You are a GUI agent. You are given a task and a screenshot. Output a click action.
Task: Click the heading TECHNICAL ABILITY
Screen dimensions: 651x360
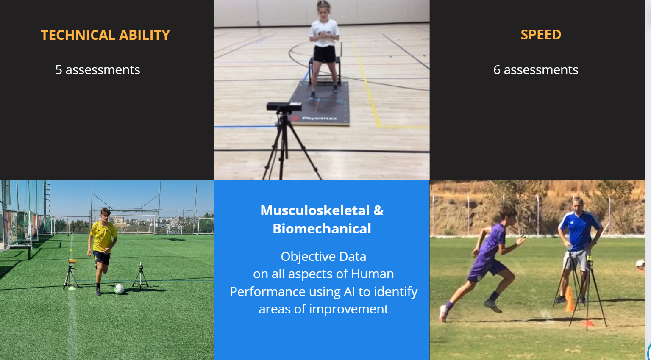click(x=105, y=35)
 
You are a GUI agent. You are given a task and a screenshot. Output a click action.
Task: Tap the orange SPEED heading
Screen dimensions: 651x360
click(x=540, y=35)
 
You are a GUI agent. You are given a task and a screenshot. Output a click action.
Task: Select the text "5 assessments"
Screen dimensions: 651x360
click(x=97, y=70)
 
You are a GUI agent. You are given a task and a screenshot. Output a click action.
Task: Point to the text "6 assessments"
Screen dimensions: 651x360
click(x=536, y=70)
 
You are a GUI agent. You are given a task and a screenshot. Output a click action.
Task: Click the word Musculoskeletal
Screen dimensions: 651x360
click(x=315, y=210)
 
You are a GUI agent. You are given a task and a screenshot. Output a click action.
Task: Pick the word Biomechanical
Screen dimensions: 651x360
click(x=322, y=229)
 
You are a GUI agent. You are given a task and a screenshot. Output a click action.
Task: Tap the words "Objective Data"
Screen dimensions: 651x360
click(x=323, y=257)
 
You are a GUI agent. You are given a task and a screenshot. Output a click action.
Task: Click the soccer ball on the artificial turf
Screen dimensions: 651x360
click(x=119, y=288)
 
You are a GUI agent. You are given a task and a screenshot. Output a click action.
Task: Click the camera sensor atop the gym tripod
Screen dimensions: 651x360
click(x=284, y=107)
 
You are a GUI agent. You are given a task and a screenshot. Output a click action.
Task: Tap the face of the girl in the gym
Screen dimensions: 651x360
click(x=323, y=11)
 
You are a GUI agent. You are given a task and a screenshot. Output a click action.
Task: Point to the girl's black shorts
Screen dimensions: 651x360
click(x=324, y=54)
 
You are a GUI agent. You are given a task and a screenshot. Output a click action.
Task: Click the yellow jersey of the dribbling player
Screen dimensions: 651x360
click(x=103, y=237)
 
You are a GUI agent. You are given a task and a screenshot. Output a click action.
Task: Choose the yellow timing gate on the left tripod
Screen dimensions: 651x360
click(x=72, y=261)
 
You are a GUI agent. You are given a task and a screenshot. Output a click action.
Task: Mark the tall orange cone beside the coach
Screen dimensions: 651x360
click(x=570, y=299)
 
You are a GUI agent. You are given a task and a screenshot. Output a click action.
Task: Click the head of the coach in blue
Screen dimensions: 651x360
click(x=578, y=205)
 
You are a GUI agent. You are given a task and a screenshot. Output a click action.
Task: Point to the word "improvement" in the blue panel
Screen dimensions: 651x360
click(x=349, y=309)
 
